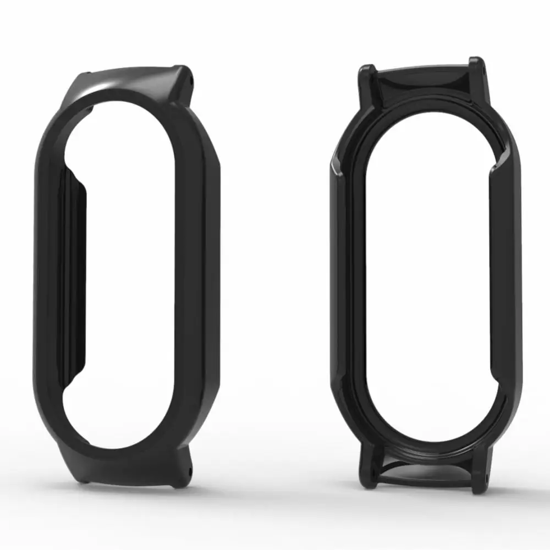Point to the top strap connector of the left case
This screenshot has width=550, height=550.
pyautogui.click(x=132, y=82)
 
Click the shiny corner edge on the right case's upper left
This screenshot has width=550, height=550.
pyautogui.click(x=337, y=165)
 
